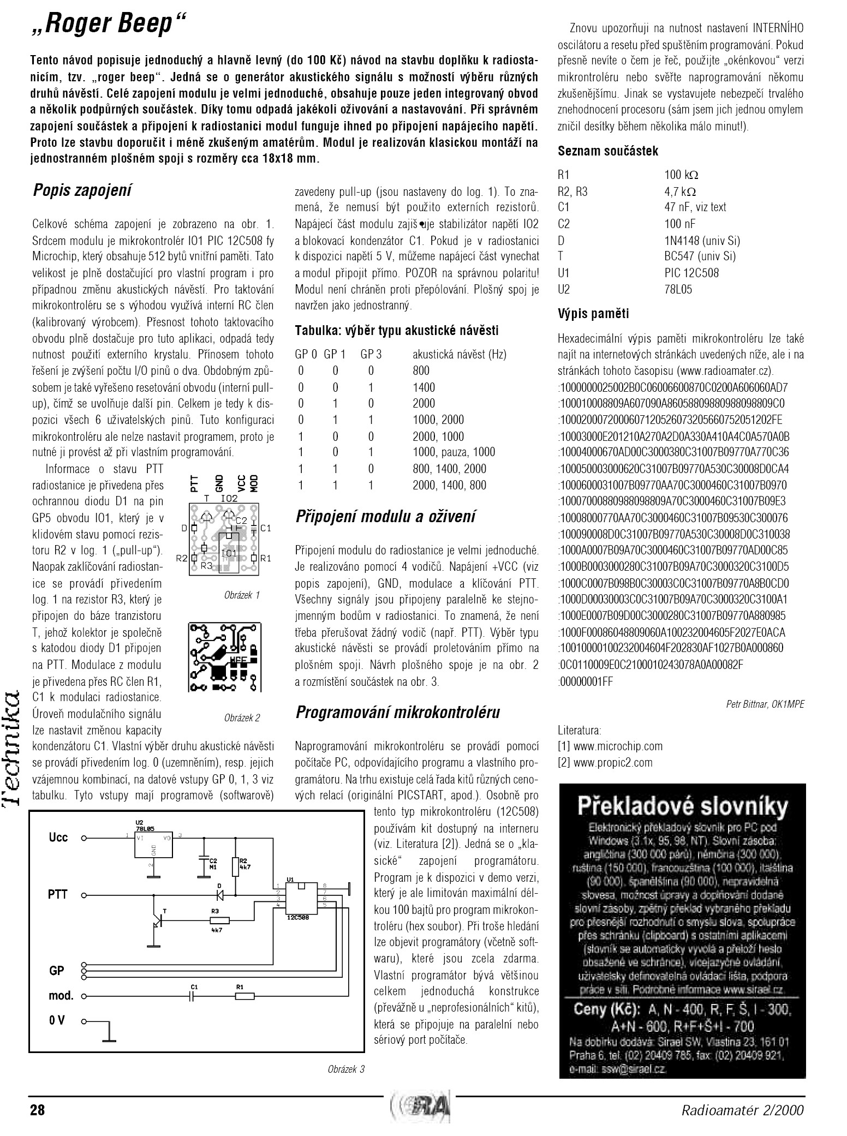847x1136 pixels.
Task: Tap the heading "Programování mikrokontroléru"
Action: click(397, 712)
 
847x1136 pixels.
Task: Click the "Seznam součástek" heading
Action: click(608, 151)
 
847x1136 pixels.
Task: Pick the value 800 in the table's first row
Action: click(421, 371)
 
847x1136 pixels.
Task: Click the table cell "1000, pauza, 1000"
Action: click(454, 452)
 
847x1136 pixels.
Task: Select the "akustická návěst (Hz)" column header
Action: click(460, 355)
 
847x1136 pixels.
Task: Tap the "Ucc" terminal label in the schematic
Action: click(58, 838)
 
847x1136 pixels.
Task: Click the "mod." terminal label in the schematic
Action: click(61, 996)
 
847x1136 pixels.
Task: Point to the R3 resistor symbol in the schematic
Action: click(216, 920)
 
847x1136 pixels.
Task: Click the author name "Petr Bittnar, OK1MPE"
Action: click(765, 704)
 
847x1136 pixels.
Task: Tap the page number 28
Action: click(38, 1110)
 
